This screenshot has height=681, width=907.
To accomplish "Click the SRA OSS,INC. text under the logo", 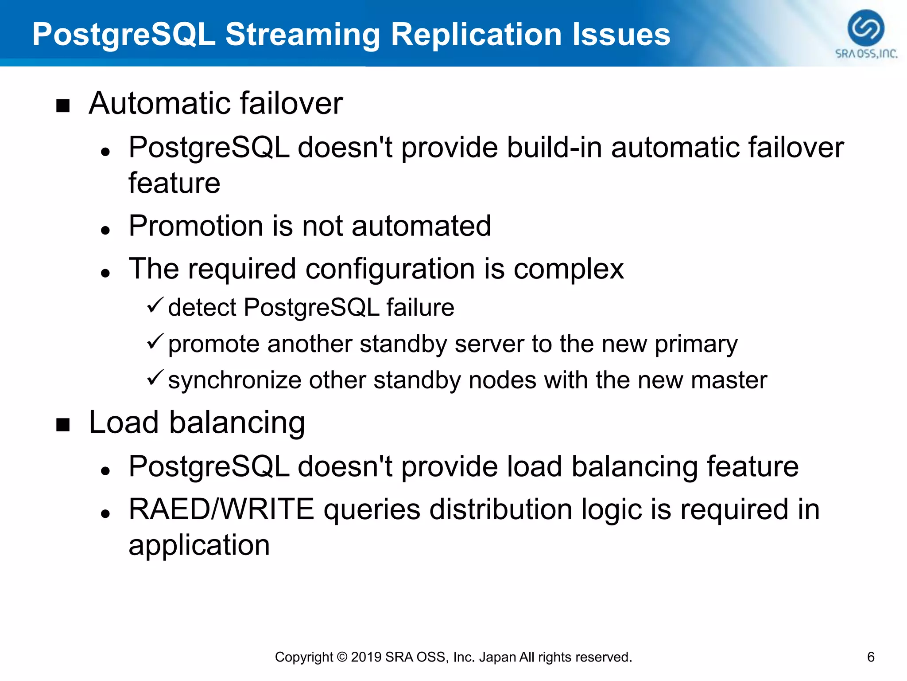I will [866, 54].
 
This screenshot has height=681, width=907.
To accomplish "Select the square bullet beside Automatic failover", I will [63, 106].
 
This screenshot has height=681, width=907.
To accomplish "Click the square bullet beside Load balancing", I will [63, 425].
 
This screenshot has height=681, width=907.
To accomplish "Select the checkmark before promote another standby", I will [155, 341].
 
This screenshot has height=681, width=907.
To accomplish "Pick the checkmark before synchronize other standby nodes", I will [155, 378].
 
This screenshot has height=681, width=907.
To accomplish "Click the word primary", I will [696, 344].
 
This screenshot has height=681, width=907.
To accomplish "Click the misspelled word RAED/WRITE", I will [221, 509].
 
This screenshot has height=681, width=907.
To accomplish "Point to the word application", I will [199, 545].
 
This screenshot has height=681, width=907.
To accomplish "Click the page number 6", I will [870, 657].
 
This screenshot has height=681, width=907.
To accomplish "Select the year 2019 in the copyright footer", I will [366, 657].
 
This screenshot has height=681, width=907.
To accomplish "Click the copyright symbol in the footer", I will [341, 657].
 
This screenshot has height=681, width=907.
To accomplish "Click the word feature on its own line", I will [174, 184].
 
